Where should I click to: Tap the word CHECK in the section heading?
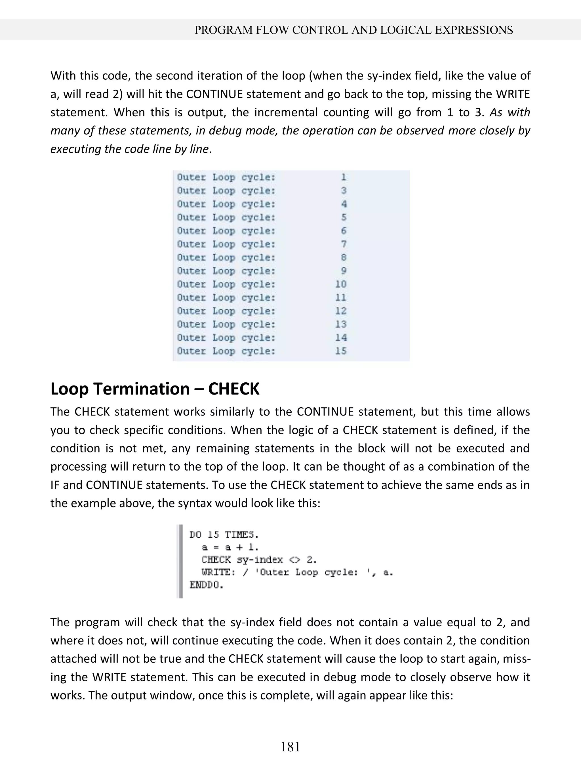[233, 389]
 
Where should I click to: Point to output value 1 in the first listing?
[344, 177]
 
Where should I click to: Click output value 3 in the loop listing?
[344, 191]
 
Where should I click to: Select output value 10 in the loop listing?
[340, 284]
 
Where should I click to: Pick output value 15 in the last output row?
[340, 351]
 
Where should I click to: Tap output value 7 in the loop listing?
[344, 244]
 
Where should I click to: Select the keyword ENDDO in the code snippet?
[207, 585]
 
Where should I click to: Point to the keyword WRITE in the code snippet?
[218, 572]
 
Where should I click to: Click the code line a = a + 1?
[230, 547]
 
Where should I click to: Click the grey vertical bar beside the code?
[180, 561]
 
